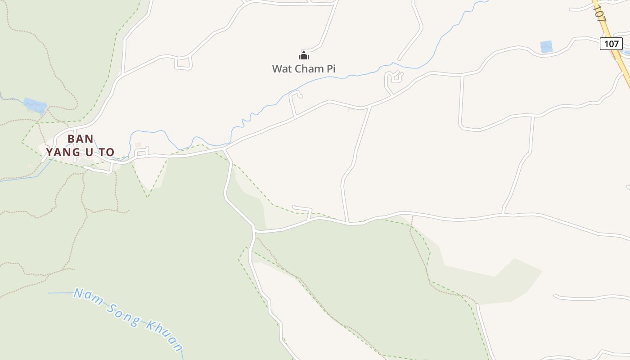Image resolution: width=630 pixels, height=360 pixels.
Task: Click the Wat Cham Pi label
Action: (304, 69)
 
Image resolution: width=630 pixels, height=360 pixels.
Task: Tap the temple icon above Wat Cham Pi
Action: (304, 56)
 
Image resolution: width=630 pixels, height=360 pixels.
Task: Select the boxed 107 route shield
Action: (611, 44)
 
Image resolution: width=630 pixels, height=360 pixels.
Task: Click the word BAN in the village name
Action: (81, 139)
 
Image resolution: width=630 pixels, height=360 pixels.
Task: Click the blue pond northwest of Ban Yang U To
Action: (35, 106)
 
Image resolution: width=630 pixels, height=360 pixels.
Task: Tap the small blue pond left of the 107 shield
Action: (546, 46)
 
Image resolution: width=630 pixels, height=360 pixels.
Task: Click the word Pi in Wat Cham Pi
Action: (329, 69)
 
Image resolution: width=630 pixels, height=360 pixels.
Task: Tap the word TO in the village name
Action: (107, 153)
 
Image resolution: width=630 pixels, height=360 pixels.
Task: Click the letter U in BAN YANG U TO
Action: (89, 153)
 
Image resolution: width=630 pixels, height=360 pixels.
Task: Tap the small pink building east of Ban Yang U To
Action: (138, 144)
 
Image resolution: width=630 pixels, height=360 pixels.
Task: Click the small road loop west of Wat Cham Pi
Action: (183, 63)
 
